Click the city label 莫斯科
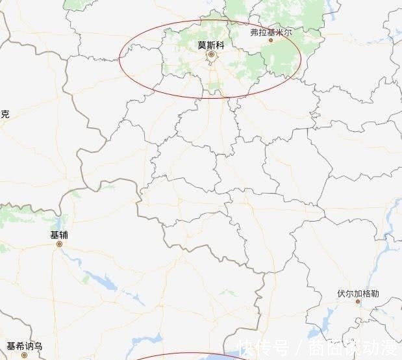pyautogui.click(x=210, y=45)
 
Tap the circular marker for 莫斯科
pyautogui.click(x=211, y=55)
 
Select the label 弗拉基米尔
pyautogui.click(x=271, y=31)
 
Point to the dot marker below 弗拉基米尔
pyautogui.click(x=271, y=40)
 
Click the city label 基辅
pyautogui.click(x=58, y=235)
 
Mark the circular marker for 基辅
pyautogui.click(x=59, y=244)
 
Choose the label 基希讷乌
pyautogui.click(x=24, y=346)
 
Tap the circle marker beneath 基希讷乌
pyautogui.click(x=25, y=355)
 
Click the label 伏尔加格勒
pyautogui.click(x=358, y=293)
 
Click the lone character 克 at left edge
pyautogui.click(x=5, y=114)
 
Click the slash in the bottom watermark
pyautogui.click(x=299, y=348)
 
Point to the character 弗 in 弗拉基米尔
pyautogui.click(x=255, y=31)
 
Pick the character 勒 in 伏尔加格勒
pyautogui.click(x=375, y=293)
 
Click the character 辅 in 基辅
pyautogui.click(x=63, y=235)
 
